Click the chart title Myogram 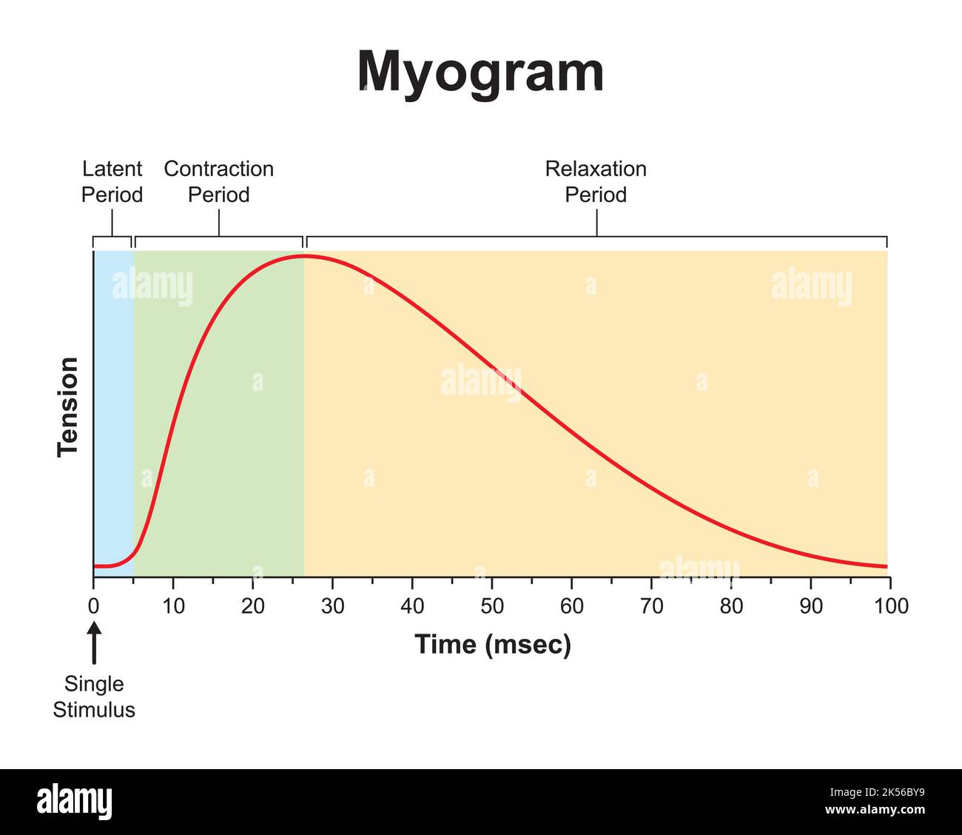click(x=480, y=73)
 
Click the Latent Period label click(x=112, y=182)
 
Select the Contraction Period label click(x=218, y=182)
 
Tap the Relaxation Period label click(x=596, y=182)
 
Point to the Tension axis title click(x=68, y=406)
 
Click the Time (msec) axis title click(x=493, y=644)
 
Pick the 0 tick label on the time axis click(x=93, y=606)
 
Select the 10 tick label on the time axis click(x=173, y=606)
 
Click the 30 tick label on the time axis click(x=332, y=606)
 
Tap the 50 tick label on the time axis click(x=492, y=606)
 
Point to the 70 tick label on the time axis click(x=651, y=606)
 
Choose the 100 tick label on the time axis click(x=891, y=606)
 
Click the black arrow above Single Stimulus click(x=94, y=643)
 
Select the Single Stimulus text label click(x=94, y=697)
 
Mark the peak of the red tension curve click(x=303, y=256)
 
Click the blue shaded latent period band click(x=113, y=407)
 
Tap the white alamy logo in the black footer click(x=74, y=802)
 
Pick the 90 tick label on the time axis click(x=811, y=606)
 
